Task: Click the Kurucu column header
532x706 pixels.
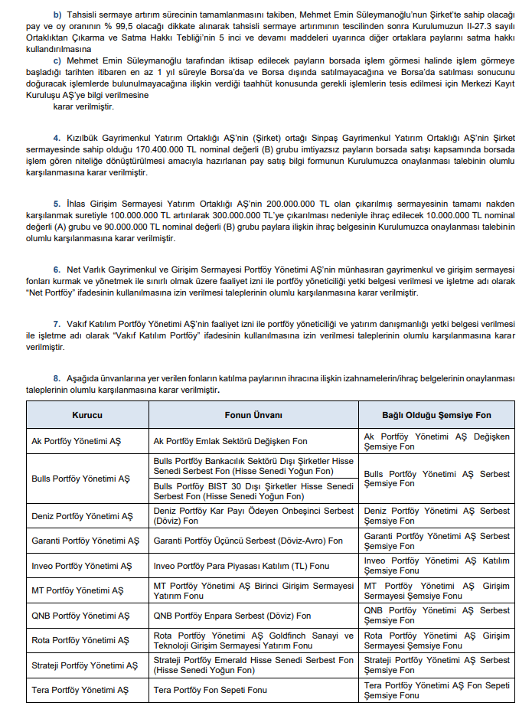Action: point(87,415)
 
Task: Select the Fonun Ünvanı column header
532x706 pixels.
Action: point(253,415)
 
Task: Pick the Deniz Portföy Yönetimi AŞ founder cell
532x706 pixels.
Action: point(82,516)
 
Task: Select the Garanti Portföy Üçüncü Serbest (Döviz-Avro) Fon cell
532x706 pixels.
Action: point(248,541)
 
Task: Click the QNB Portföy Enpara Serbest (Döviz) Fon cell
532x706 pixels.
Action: point(232,615)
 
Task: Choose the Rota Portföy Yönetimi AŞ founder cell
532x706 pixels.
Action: point(80,640)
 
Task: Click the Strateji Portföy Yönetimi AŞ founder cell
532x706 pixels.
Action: point(85,665)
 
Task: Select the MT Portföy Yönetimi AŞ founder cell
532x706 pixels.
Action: point(77,590)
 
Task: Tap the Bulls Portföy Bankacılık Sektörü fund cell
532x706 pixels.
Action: point(253,466)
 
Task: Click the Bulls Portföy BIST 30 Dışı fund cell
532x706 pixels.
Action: point(253,491)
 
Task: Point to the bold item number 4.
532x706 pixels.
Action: point(56,137)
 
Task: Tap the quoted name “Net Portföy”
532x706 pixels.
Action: point(52,293)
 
